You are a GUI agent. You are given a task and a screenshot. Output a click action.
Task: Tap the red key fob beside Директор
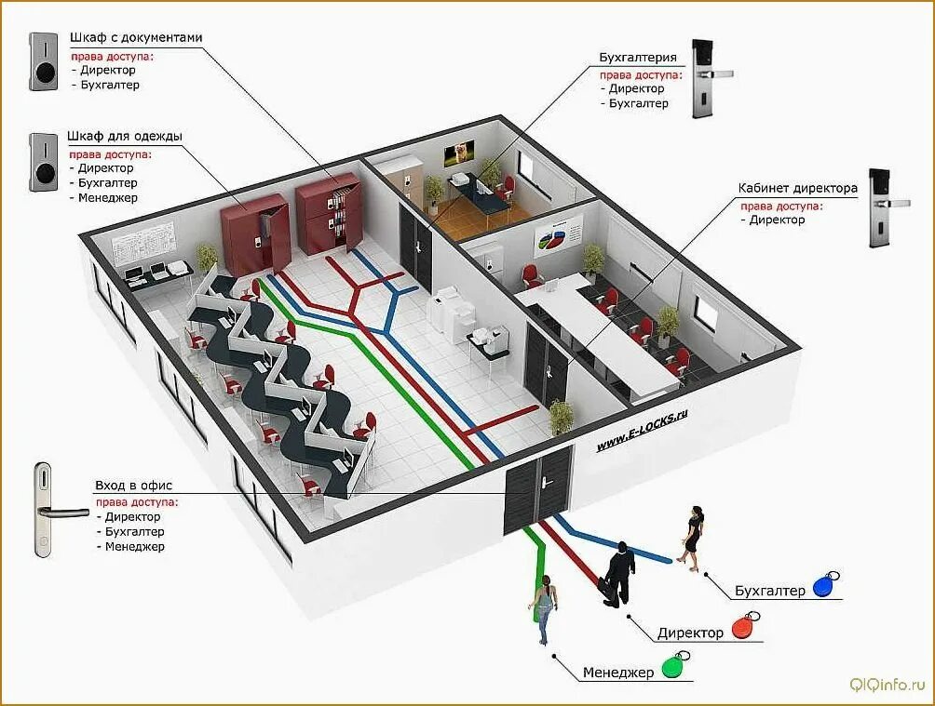coord(743,628)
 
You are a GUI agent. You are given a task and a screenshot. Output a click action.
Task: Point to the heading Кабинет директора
coord(797,188)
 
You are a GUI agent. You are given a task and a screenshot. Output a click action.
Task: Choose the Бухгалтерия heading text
coord(638,58)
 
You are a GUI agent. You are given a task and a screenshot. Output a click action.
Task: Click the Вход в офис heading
coord(133,486)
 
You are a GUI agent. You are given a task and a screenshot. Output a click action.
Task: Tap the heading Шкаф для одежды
coord(124,137)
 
